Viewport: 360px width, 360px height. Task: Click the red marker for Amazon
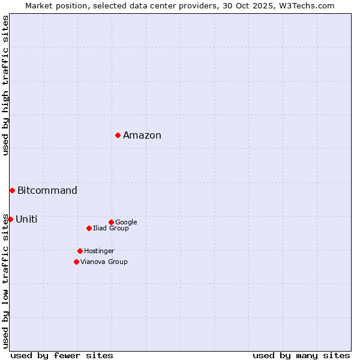click(118, 135)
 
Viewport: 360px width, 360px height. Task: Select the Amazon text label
click(142, 136)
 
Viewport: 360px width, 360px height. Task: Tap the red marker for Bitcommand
click(12, 190)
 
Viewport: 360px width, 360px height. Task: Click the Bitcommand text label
click(47, 191)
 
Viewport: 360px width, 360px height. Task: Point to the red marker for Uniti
click(10, 219)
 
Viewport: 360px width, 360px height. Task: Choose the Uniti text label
click(26, 220)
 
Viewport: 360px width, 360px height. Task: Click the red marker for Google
click(111, 222)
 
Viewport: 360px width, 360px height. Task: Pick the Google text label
click(126, 223)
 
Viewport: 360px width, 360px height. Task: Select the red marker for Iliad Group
click(89, 228)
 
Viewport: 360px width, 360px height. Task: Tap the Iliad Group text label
click(111, 229)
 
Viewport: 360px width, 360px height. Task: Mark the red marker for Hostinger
click(80, 251)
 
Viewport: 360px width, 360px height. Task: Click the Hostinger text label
click(99, 251)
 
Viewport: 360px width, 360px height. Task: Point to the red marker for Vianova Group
click(76, 262)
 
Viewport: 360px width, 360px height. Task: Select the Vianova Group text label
click(104, 262)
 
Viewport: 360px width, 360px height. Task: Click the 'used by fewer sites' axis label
click(62, 356)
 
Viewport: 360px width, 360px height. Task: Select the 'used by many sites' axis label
click(301, 356)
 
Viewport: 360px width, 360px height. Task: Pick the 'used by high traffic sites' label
click(6, 85)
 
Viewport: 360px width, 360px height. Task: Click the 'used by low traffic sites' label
click(6, 281)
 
